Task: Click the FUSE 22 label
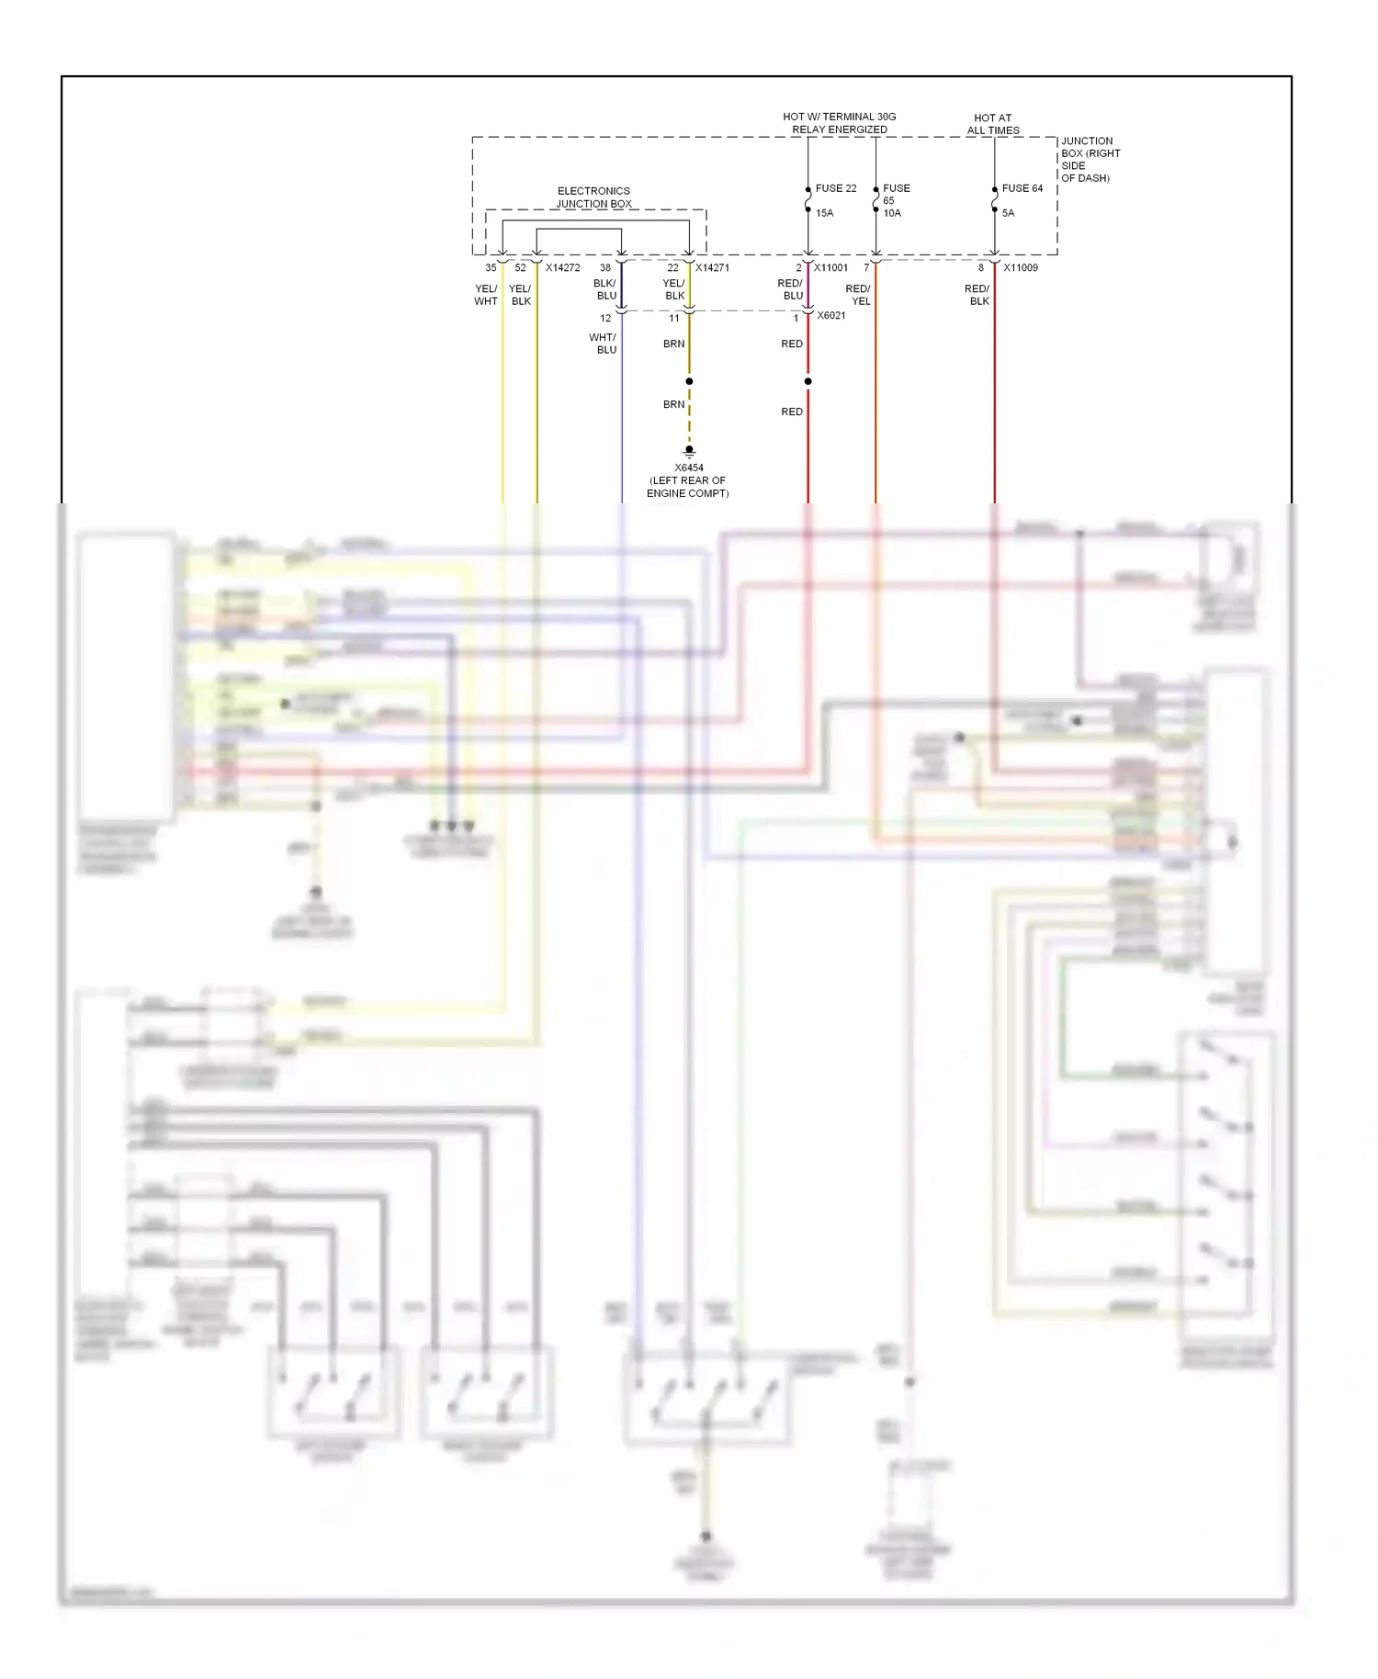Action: [x=835, y=188]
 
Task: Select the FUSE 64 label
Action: [x=1022, y=188]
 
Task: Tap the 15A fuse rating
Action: [x=824, y=213]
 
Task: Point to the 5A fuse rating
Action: [x=1008, y=213]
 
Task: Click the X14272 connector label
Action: [x=562, y=268]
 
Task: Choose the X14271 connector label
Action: [x=712, y=268]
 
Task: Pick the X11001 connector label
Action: [x=830, y=268]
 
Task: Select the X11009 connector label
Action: [x=1020, y=268]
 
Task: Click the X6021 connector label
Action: [x=830, y=316]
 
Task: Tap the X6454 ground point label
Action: [x=689, y=468]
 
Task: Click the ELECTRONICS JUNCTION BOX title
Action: [x=593, y=197]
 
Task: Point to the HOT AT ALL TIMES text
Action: [x=992, y=124]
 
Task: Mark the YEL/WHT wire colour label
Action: [x=486, y=295]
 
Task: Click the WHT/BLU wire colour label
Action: [x=604, y=344]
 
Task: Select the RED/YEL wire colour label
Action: [x=858, y=295]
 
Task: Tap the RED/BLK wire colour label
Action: [x=977, y=295]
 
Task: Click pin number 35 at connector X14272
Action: [x=491, y=268]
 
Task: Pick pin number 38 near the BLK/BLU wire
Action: [x=604, y=268]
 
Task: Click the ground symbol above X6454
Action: [x=689, y=451]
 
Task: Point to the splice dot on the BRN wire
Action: [x=689, y=381]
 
